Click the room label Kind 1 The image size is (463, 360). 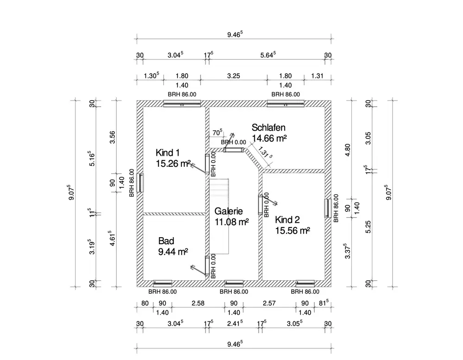pyautogui.click(x=168, y=153)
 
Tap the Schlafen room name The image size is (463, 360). pyautogui.click(x=268, y=127)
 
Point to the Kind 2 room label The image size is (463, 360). pyautogui.click(x=288, y=219)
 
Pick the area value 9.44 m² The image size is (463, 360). pyautogui.click(x=173, y=252)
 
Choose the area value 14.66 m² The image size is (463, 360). pyautogui.click(x=269, y=138)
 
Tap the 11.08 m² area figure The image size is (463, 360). pyautogui.click(x=231, y=222)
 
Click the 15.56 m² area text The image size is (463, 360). pyautogui.click(x=292, y=230)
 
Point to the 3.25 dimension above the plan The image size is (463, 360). pyautogui.click(x=234, y=76)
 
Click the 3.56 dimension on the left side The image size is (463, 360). pyautogui.click(x=113, y=138)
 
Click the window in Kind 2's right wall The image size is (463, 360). pyautogui.click(x=327, y=208)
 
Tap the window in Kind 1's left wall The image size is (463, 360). pyautogui.click(x=140, y=183)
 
